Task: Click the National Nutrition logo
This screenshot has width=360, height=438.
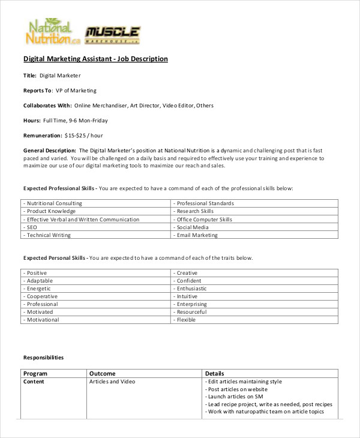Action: click(52, 32)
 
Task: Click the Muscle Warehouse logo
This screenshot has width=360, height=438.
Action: click(113, 35)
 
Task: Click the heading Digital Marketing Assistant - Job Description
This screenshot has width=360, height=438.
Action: click(95, 59)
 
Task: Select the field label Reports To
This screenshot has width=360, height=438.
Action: click(37, 91)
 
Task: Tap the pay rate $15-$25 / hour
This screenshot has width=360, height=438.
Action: click(83, 136)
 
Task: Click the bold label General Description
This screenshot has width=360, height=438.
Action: click(49, 150)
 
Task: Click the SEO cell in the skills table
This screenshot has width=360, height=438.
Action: click(31, 227)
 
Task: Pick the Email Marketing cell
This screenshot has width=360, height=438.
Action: click(197, 235)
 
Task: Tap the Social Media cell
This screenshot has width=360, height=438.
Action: click(193, 227)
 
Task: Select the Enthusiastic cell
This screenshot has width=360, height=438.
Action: click(191, 289)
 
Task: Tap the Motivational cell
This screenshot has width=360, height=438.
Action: click(42, 320)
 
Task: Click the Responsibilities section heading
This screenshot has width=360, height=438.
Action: click(43, 358)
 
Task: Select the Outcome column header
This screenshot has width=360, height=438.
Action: click(102, 373)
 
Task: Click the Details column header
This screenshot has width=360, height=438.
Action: click(215, 373)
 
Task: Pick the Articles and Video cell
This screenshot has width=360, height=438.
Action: click(112, 382)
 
